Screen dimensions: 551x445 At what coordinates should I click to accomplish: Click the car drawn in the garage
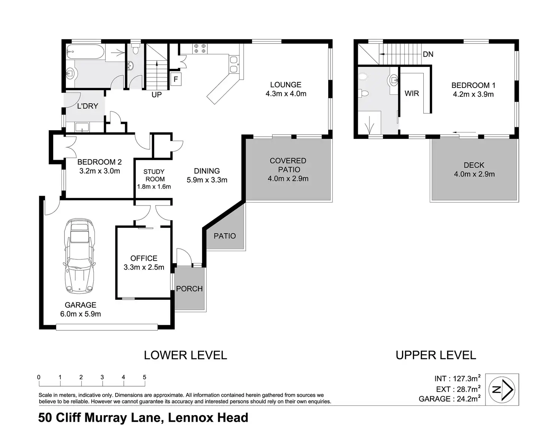coord(79,256)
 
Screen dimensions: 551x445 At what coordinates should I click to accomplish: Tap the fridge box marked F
coord(176,79)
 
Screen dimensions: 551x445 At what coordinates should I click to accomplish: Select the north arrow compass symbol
coord(502,389)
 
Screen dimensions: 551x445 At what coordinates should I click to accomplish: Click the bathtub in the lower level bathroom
coord(85,52)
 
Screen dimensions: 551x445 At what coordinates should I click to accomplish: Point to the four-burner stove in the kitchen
coord(200,49)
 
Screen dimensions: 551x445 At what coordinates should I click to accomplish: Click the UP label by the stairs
coord(156,95)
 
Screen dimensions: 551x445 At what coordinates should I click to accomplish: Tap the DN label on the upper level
coord(428,54)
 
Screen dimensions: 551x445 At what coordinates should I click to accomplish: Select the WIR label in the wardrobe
coord(412,93)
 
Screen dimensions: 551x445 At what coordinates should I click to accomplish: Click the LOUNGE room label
coord(286,85)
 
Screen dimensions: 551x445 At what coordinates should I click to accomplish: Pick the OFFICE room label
coord(144,258)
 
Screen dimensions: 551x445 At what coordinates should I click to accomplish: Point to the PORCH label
coord(189,289)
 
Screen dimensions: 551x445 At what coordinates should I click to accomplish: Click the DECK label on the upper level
coord(474,165)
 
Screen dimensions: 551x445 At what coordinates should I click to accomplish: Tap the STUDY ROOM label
coord(154,175)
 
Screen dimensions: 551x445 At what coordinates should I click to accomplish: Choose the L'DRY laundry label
coord(88,106)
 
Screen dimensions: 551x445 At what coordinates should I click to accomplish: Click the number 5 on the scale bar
coord(144,377)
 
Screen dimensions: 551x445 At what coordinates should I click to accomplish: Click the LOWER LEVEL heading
coord(186,355)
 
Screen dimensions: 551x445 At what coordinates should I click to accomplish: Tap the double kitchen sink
coord(234,65)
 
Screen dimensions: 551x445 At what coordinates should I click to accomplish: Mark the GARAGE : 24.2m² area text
coord(450,399)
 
